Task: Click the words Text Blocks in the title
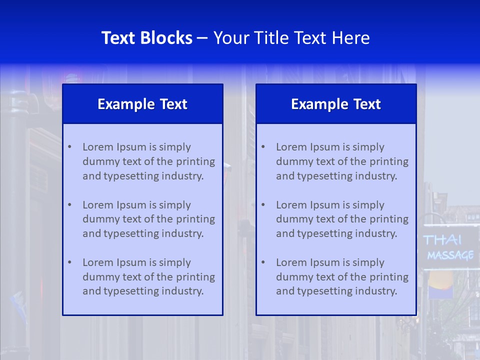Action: pos(146,38)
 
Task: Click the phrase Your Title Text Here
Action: pos(291,38)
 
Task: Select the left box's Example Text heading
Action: pos(142,104)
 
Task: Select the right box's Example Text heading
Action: pos(336,104)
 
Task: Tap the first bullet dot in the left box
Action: pos(69,147)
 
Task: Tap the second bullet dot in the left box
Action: pos(69,205)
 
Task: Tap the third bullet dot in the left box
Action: pos(69,262)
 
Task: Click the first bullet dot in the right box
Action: pos(263,147)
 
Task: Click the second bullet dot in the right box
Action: pos(263,205)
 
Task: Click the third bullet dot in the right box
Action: pos(263,262)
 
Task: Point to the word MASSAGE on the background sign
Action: pos(450,255)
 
